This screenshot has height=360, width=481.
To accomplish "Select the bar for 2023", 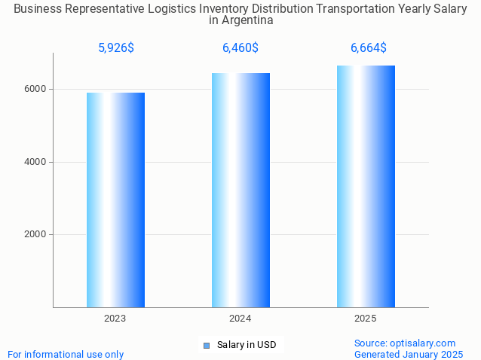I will tap(115, 200).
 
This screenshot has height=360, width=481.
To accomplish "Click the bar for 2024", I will tap(240, 190).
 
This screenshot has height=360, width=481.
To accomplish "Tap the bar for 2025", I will tap(366, 186).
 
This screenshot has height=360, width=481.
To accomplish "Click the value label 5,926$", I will tap(116, 48).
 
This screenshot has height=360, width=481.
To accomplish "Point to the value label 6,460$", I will tap(240, 48).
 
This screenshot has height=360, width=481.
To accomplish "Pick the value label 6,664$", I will tap(369, 48).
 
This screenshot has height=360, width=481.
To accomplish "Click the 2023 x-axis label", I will tap(115, 319).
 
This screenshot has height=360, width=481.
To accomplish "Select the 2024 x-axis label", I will tap(240, 319).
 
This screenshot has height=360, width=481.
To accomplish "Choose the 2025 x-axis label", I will tap(366, 319).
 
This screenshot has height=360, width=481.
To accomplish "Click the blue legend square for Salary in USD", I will tap(206, 346).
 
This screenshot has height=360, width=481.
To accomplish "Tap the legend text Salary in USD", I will tap(247, 346).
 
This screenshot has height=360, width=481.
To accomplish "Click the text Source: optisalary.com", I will tap(405, 343).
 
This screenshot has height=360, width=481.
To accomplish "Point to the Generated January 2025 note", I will tap(409, 354).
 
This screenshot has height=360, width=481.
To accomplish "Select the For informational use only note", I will tap(66, 354).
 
